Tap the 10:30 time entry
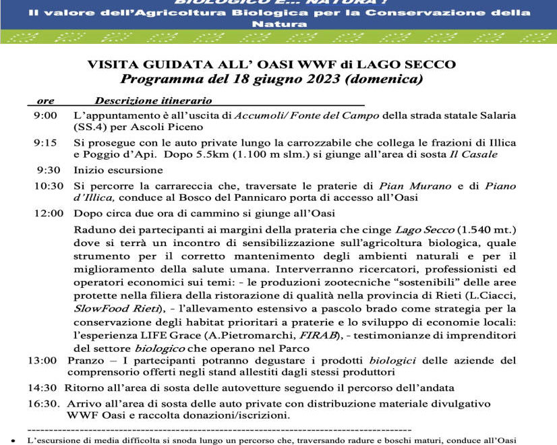tap(44, 185)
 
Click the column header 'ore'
tap(46, 100)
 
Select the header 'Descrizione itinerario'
tap(153, 100)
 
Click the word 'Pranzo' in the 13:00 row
tap(85, 361)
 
